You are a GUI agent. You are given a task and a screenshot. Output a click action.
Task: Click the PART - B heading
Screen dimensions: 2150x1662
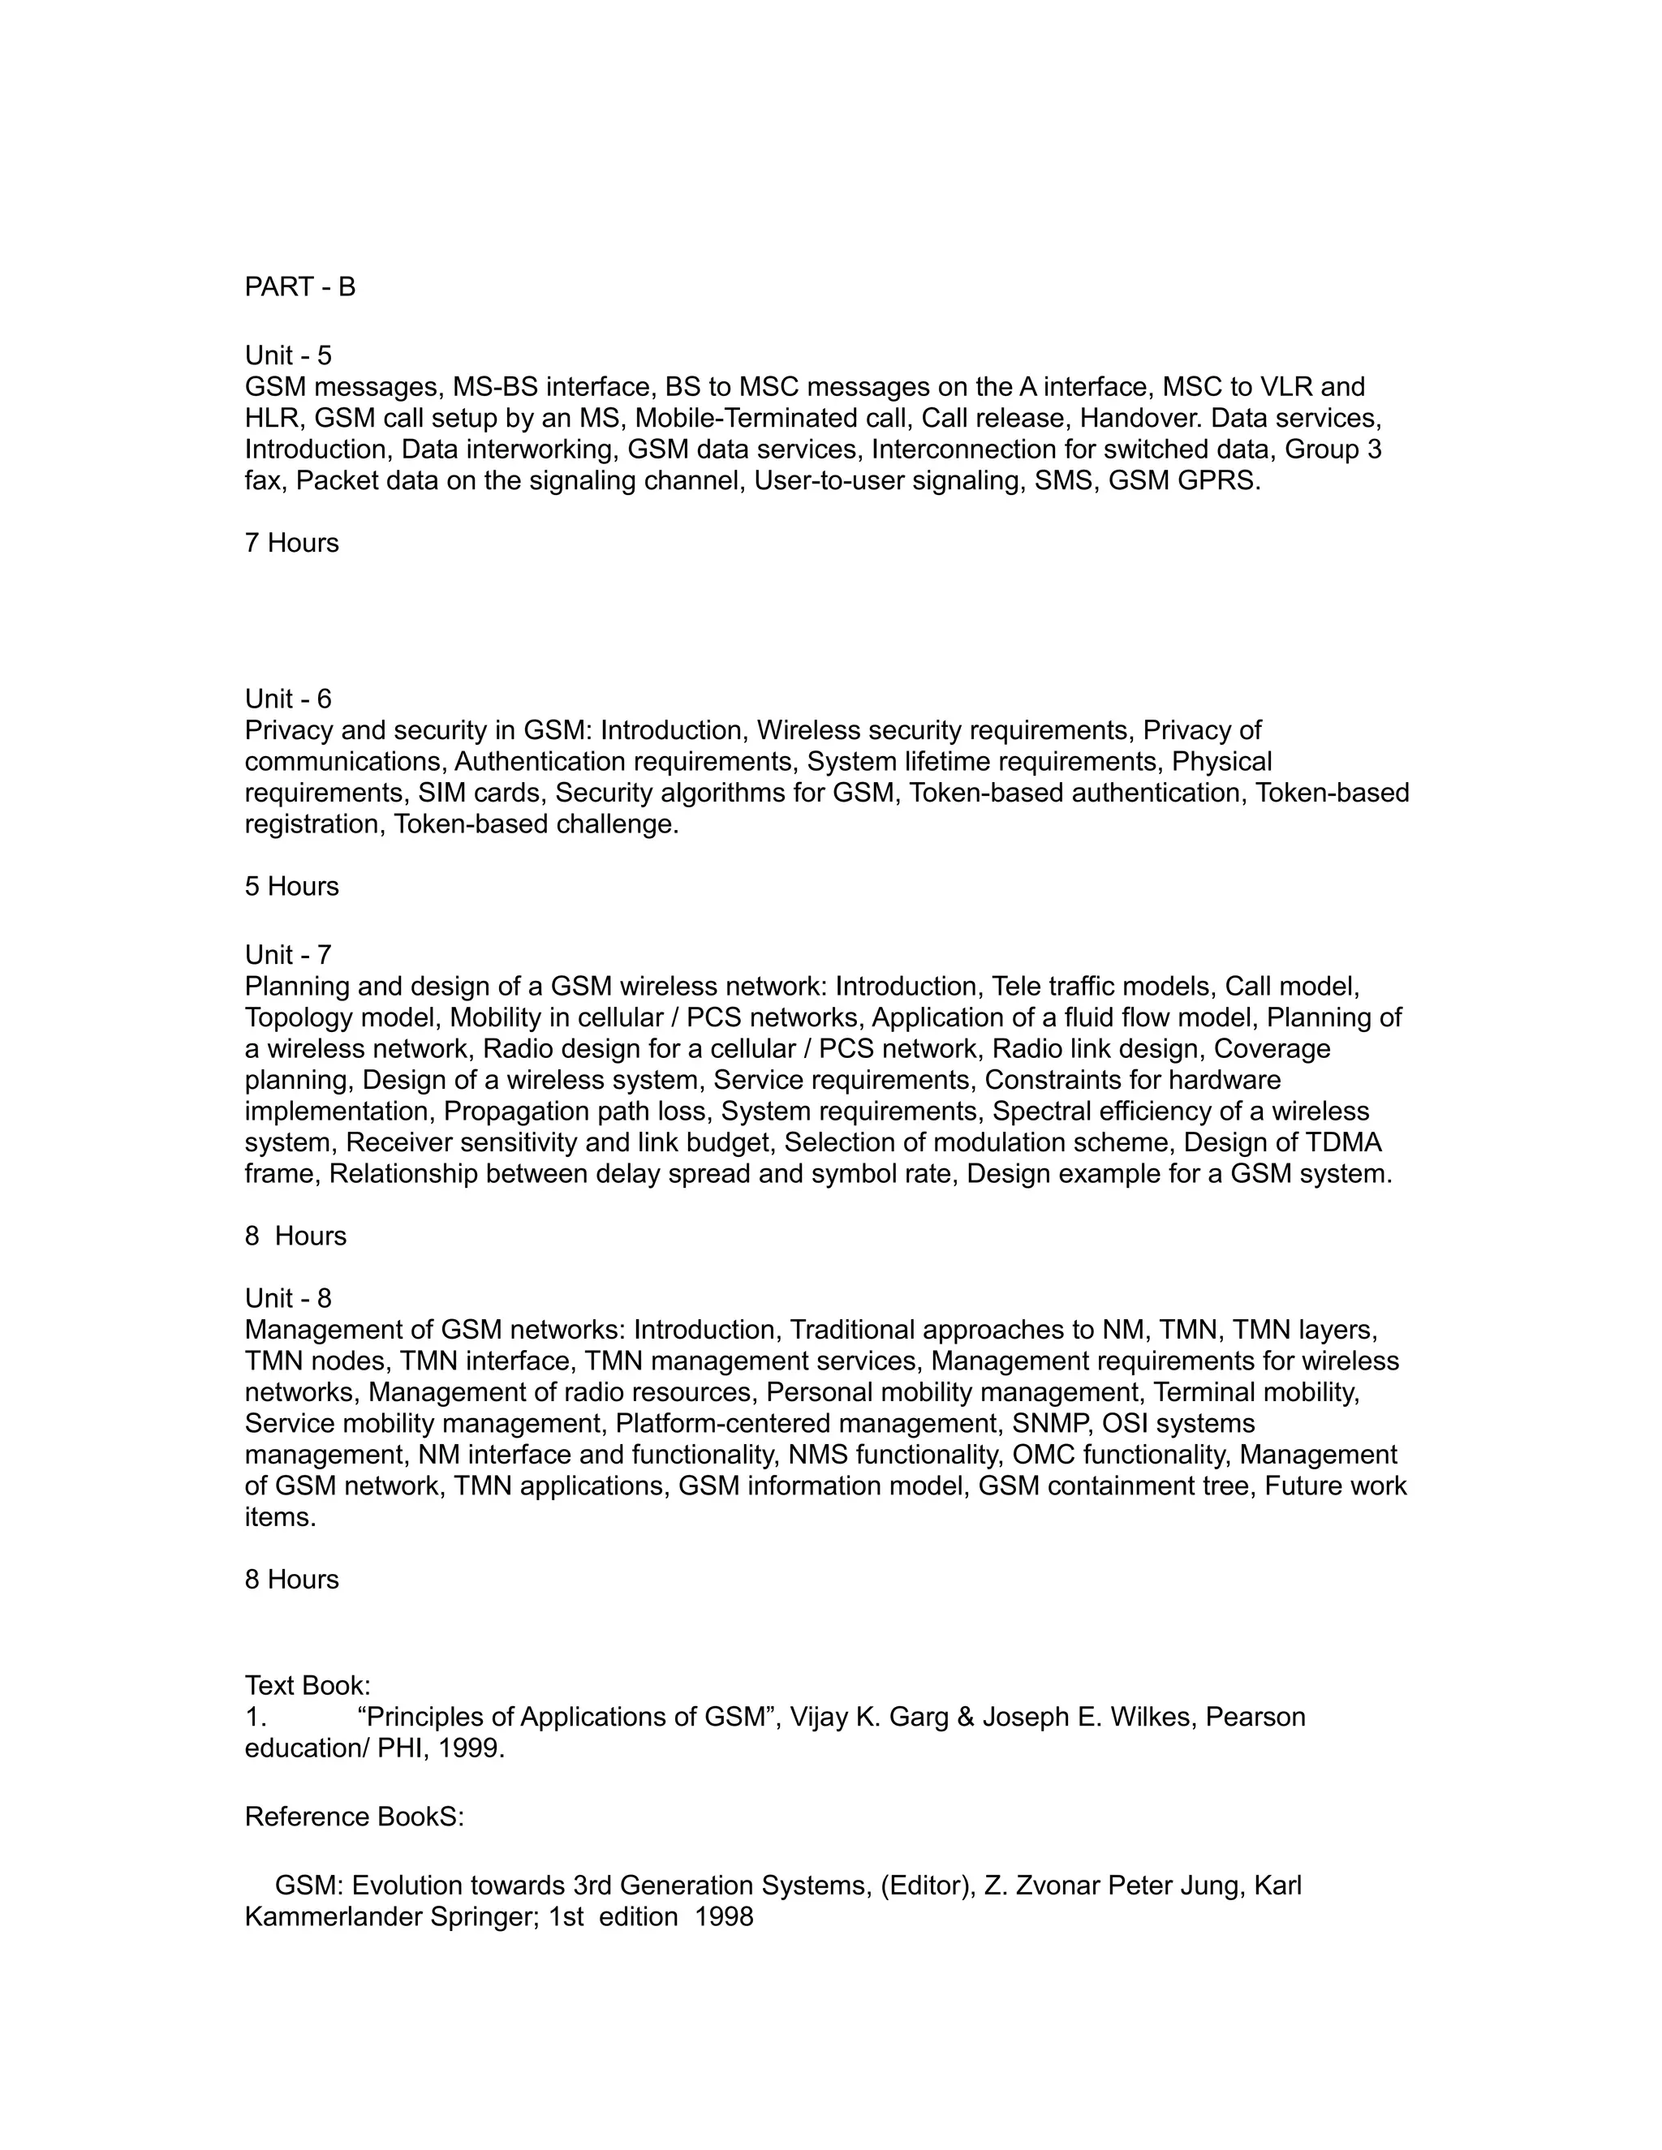point(299,286)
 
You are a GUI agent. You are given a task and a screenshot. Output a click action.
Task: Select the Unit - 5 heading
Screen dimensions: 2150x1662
point(287,355)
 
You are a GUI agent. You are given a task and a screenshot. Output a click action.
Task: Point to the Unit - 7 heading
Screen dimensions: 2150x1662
point(287,955)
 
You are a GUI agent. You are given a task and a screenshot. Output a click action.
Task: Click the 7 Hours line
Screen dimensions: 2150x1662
point(291,544)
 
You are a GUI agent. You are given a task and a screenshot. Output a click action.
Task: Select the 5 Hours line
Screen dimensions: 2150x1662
point(291,887)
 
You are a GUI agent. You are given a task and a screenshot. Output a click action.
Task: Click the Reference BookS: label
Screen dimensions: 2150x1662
point(354,1817)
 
